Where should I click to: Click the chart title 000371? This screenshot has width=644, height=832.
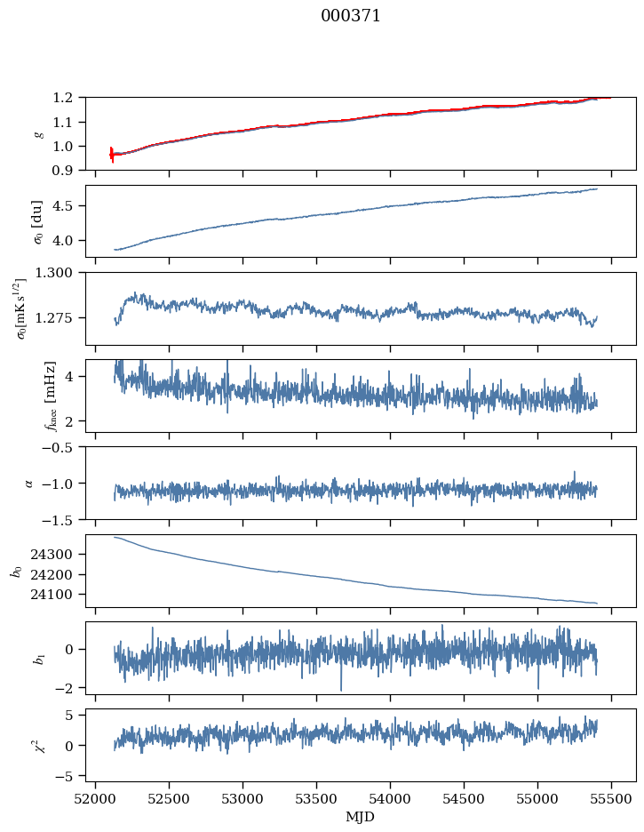[x=351, y=16]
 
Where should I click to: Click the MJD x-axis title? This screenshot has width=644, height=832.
[x=360, y=817]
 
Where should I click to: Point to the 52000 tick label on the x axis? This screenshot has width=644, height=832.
[x=96, y=797]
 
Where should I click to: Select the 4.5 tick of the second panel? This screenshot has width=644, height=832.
[x=69, y=206]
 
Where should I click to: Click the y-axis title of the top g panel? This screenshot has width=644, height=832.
[x=38, y=133]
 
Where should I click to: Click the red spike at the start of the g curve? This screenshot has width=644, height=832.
[x=112, y=154]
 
